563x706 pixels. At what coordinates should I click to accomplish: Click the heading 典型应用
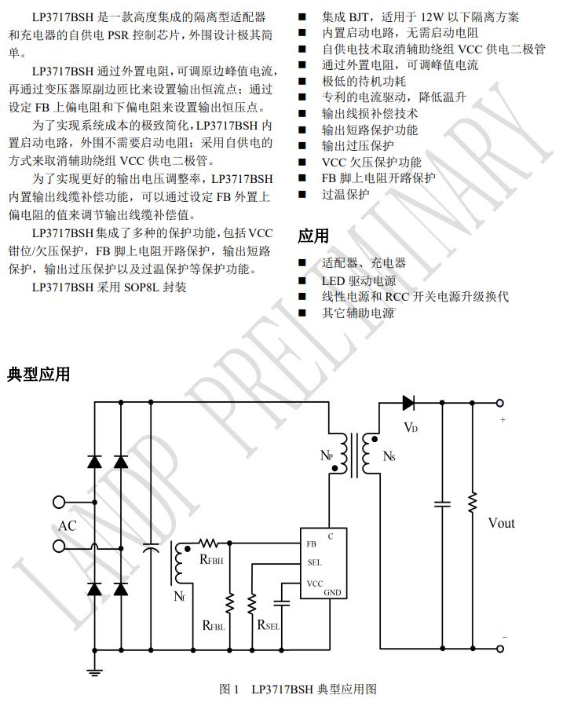point(38,374)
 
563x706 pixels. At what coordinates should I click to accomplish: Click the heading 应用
point(313,236)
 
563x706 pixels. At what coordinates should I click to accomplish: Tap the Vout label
point(501,523)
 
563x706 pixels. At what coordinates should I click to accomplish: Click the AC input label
point(68,525)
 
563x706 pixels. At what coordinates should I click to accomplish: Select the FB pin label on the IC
point(312,543)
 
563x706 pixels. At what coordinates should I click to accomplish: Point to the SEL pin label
point(314,562)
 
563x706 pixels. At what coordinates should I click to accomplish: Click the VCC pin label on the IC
point(315,583)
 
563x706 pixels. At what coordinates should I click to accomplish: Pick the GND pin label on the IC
point(332,593)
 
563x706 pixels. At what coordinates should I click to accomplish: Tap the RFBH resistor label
point(212,560)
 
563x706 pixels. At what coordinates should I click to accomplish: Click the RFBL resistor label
point(213,626)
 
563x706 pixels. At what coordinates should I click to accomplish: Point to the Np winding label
point(327,455)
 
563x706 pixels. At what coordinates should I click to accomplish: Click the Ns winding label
point(389,455)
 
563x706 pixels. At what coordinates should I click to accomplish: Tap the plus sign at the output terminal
point(503,420)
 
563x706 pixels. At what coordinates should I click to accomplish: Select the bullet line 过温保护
point(345,194)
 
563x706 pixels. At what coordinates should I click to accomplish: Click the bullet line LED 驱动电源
point(358,280)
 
